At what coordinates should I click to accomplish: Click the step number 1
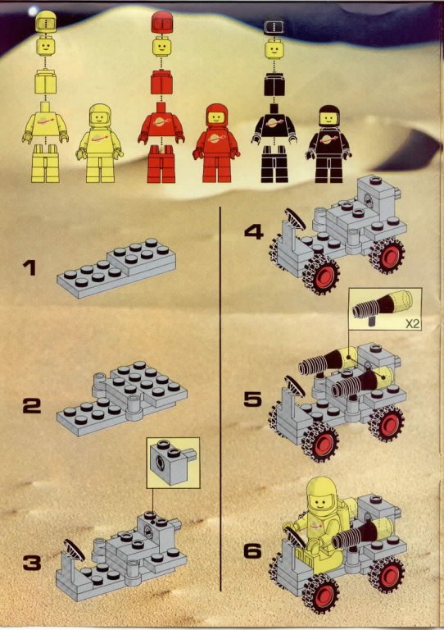(29, 268)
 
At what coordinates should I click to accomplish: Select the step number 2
(32, 406)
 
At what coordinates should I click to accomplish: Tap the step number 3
(32, 563)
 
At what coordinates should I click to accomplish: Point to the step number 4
(254, 232)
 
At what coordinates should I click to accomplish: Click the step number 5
(252, 399)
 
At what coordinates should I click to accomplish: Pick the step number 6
(252, 550)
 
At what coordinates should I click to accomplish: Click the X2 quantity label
(412, 324)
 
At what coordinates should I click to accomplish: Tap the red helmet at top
(161, 22)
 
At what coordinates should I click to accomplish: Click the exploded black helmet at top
(274, 27)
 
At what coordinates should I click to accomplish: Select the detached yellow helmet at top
(45, 21)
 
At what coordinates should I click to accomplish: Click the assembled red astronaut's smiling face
(217, 117)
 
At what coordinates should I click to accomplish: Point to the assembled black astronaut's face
(329, 118)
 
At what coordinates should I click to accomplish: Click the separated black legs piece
(274, 164)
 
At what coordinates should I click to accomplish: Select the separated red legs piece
(161, 164)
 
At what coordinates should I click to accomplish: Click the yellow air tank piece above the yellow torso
(45, 81)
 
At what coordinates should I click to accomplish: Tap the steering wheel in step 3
(75, 550)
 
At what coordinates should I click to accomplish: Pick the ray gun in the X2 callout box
(382, 307)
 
